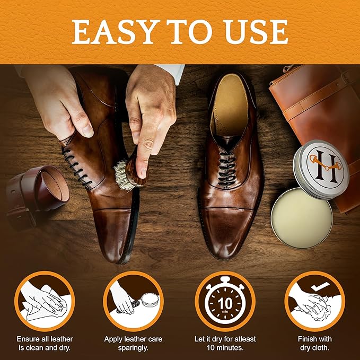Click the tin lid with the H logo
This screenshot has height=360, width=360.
321,168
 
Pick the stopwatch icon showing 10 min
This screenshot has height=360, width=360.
225,302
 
